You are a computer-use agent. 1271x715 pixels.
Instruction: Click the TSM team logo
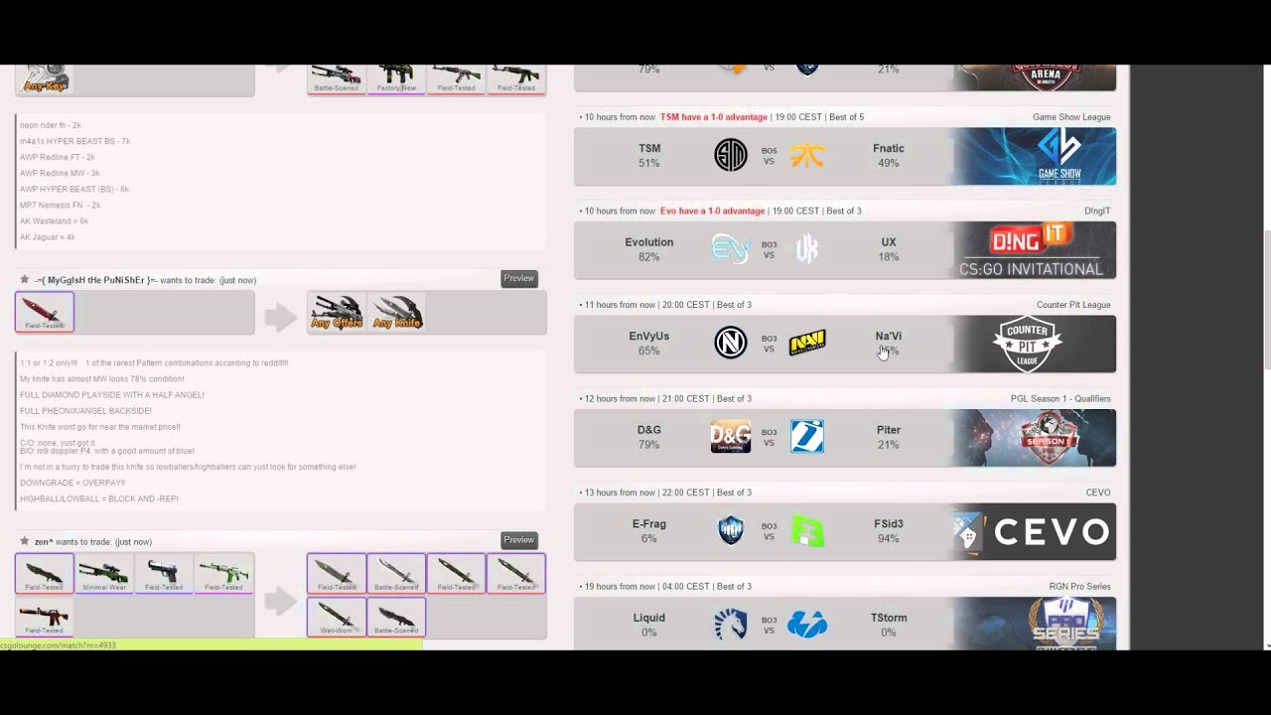730,155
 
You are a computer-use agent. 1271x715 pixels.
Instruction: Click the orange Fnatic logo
807,155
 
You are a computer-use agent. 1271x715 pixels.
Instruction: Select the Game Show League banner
1034,156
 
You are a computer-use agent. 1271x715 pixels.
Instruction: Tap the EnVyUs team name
648,336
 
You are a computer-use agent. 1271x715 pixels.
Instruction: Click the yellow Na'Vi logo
807,344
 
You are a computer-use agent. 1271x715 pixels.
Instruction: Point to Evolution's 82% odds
648,257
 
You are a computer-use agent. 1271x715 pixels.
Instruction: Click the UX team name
888,242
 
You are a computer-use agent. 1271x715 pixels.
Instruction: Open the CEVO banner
1034,531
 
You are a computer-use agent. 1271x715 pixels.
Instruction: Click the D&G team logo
730,437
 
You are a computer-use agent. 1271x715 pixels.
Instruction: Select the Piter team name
888,430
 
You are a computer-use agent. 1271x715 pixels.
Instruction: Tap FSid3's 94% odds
888,539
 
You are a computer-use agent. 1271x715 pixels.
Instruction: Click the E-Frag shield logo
730,531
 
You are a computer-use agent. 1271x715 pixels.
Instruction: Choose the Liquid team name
648,618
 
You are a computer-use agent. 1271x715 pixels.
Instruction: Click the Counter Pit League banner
1034,344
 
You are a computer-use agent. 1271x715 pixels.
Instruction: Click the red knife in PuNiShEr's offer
45,312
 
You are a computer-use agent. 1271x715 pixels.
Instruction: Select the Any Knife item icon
396,312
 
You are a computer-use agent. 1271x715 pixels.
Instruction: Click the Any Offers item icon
337,312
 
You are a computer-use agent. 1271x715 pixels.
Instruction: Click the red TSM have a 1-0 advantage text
713,117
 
